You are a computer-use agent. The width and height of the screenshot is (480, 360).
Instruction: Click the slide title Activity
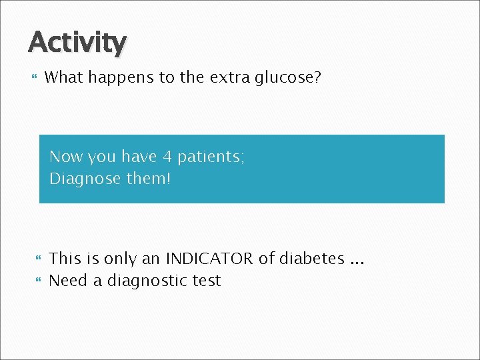77,43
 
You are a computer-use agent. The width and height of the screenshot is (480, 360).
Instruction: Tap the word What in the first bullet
63,78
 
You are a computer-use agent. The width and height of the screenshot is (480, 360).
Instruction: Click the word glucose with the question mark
288,79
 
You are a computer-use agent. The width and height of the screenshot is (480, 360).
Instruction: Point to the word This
66,259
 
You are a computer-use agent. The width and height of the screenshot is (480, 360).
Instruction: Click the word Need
69,281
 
